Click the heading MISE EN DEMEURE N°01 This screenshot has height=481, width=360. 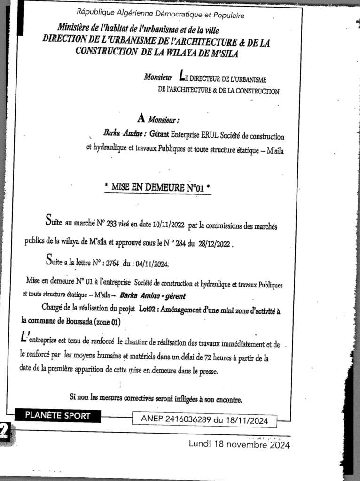click(x=157, y=188)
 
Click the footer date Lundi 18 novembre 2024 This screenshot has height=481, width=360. click(x=239, y=443)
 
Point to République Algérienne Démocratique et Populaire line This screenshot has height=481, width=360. click(x=160, y=16)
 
